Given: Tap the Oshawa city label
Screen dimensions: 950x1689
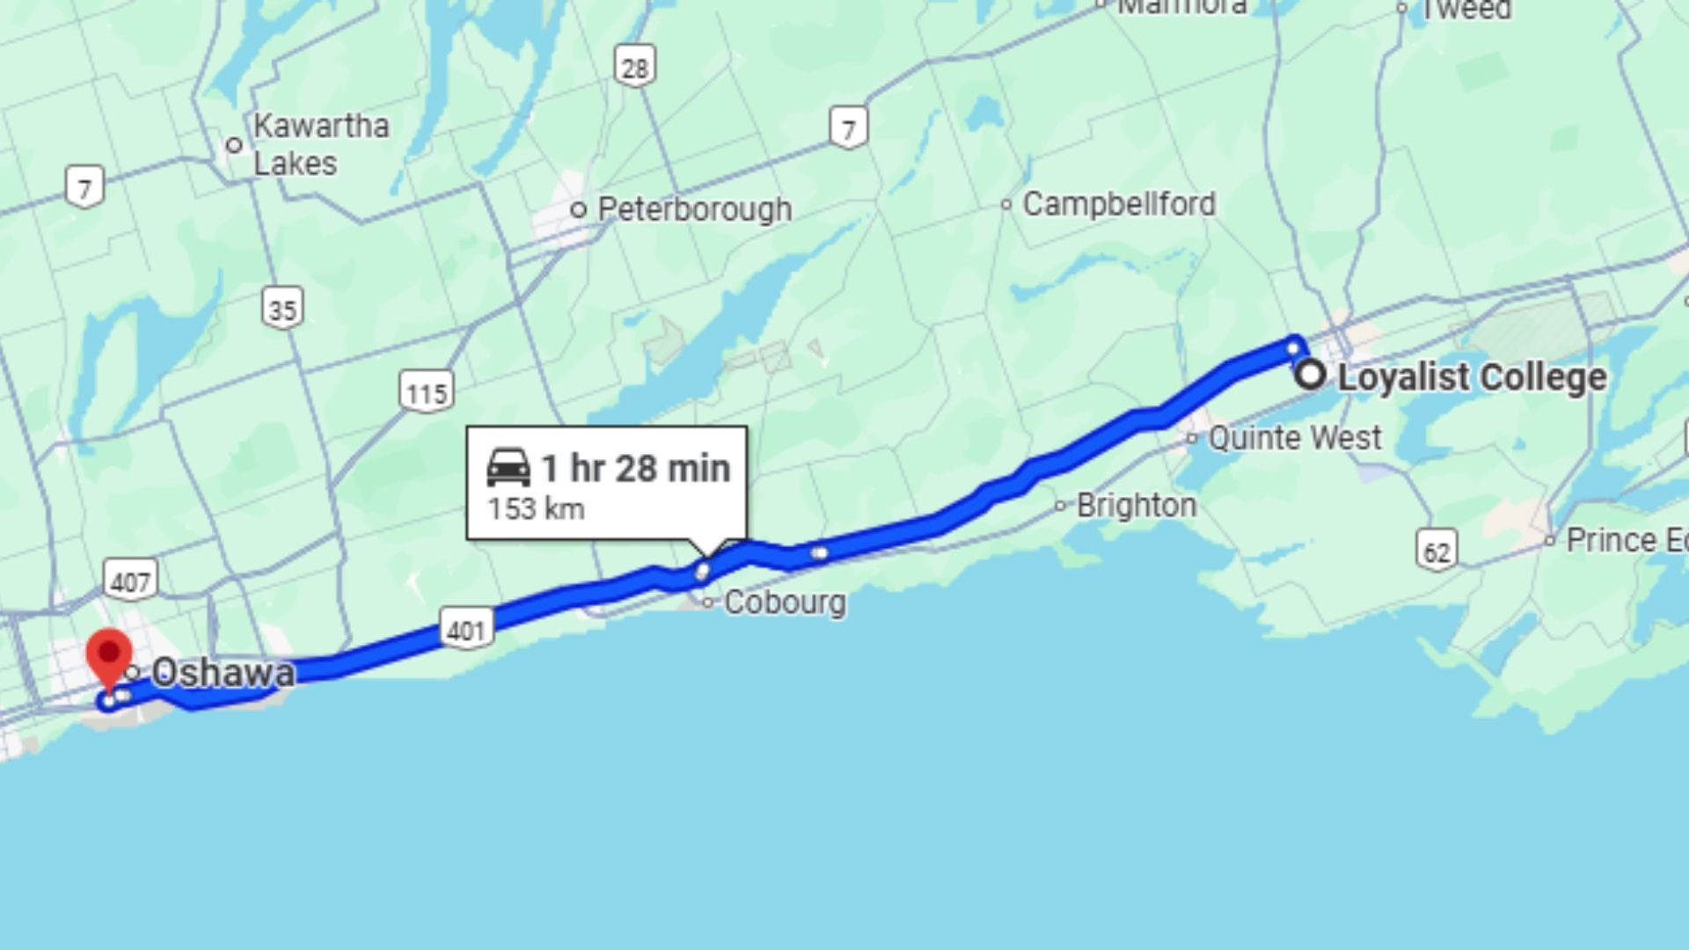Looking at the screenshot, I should tap(223, 673).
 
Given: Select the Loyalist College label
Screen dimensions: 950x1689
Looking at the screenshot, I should tap(1472, 377).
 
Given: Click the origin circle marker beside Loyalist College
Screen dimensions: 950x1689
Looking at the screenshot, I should tap(1311, 375).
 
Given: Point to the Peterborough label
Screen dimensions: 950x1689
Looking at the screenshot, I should tap(694, 209).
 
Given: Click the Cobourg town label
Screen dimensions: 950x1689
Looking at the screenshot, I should tap(785, 603).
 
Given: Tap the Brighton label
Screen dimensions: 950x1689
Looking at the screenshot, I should tap(1136, 506).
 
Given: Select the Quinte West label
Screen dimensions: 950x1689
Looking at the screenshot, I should tap(1294, 437).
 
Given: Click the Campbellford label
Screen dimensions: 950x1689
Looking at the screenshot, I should tap(1118, 204).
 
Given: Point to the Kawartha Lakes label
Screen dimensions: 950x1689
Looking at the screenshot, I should tap(320, 144).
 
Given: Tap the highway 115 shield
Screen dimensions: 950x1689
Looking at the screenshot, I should tap(427, 391).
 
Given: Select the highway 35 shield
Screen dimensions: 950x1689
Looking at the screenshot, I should tap(282, 309).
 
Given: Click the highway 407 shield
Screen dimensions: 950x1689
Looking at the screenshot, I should tap(130, 581).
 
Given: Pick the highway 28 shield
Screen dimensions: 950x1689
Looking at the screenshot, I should tap(635, 67).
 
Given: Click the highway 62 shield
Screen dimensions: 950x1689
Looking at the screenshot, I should tap(1437, 551).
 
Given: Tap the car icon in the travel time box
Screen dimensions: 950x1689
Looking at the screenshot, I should tap(508, 467).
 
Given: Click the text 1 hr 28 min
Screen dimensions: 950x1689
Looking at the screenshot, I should tap(635, 469).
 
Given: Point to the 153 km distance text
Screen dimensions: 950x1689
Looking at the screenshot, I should tap(536, 509).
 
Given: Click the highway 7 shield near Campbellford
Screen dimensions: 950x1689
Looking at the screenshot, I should tap(848, 128).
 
